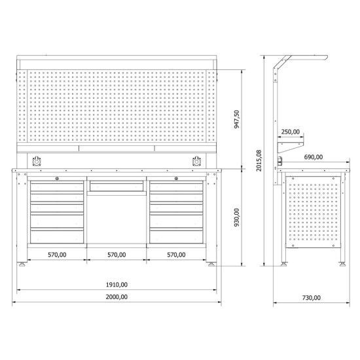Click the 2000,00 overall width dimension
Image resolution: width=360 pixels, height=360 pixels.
pos(117,297)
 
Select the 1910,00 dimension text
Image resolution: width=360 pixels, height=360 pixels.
pos(117,285)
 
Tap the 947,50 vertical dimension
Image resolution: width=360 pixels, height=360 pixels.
pos(237,119)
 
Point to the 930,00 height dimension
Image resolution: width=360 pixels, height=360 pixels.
pos(237,217)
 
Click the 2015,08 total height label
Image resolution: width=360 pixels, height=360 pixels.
pos(259,160)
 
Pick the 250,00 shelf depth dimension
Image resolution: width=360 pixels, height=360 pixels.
pos(291,132)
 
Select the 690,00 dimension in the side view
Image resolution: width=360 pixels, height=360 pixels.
pos(314,157)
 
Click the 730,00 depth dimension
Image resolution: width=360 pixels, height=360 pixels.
pos(312,298)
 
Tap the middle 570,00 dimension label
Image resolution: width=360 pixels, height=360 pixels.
pos(117,255)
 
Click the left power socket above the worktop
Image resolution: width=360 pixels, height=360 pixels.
pos(37,161)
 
